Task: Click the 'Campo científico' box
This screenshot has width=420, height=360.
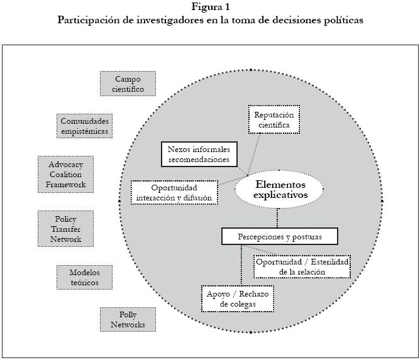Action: click(128, 84)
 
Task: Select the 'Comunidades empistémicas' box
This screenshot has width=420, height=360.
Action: click(84, 126)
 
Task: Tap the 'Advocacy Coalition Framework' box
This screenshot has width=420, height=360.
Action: click(65, 174)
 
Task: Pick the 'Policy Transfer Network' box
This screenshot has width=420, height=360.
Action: click(65, 229)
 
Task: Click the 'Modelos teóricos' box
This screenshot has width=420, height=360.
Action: click(84, 277)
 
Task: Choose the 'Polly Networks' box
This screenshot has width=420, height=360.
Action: click(128, 319)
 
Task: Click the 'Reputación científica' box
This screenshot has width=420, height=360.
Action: click(274, 119)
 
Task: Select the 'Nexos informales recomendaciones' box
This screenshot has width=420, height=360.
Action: click(199, 155)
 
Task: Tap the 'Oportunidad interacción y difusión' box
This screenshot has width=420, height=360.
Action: click(175, 192)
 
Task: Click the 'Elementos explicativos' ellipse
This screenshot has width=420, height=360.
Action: click(280, 190)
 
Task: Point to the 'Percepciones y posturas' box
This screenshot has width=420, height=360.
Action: click(280, 236)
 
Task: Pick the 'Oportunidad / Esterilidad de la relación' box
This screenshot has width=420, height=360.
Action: click(302, 266)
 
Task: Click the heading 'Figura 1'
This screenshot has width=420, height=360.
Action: click(210, 7)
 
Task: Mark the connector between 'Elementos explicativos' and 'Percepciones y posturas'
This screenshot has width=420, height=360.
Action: click(277, 216)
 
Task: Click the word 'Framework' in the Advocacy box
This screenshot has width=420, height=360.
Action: click(65, 185)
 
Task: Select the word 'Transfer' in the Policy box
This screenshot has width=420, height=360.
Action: click(65, 229)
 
